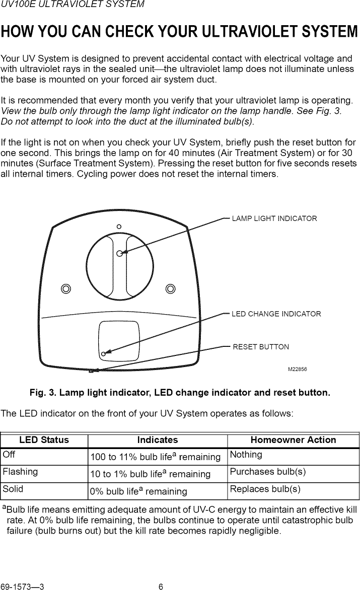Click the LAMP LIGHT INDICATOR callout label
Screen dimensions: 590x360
coord(274,218)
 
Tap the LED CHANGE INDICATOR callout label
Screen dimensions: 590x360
coord(276,314)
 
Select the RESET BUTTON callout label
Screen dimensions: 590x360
coord(261,347)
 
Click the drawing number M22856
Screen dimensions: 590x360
coord(298,369)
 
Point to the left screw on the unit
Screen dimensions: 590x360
coord(65,288)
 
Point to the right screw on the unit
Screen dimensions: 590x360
coord(171,288)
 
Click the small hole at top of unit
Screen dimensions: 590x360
coord(119,227)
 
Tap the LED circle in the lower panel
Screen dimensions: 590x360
coord(103,354)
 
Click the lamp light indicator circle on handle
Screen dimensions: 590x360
coord(120,254)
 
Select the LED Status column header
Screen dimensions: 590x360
coord(44,440)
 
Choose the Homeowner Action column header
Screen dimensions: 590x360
coord(293,440)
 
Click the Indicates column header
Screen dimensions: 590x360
coord(158,440)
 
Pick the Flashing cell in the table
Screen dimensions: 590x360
coord(20,472)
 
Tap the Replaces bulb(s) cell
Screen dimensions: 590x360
coord(265,489)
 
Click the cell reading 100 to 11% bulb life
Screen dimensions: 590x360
coord(155,457)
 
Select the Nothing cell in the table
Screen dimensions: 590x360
coord(246,455)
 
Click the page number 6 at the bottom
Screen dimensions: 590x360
coord(161,586)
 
